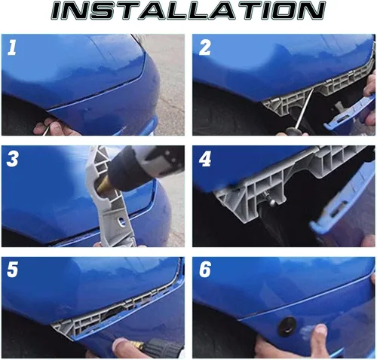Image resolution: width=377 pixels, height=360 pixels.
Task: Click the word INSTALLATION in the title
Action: (188, 11)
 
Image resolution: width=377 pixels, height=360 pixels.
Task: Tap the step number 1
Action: (12, 48)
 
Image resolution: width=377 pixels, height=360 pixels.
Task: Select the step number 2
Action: (204, 48)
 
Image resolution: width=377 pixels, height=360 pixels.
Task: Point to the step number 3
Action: (13, 160)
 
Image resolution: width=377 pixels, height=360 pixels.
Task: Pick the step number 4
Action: (204, 160)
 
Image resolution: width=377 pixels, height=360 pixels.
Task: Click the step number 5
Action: (13, 270)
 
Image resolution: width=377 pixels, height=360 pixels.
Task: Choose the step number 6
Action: (205, 270)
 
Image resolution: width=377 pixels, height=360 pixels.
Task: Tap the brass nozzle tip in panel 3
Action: (104, 186)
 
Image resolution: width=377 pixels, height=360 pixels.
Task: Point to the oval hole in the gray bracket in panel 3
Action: (121, 221)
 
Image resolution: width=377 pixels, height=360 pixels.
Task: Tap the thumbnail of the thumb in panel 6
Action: (321, 330)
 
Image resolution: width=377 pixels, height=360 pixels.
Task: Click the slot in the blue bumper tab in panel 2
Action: (342, 120)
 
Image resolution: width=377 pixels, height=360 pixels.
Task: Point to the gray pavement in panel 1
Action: (167, 83)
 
